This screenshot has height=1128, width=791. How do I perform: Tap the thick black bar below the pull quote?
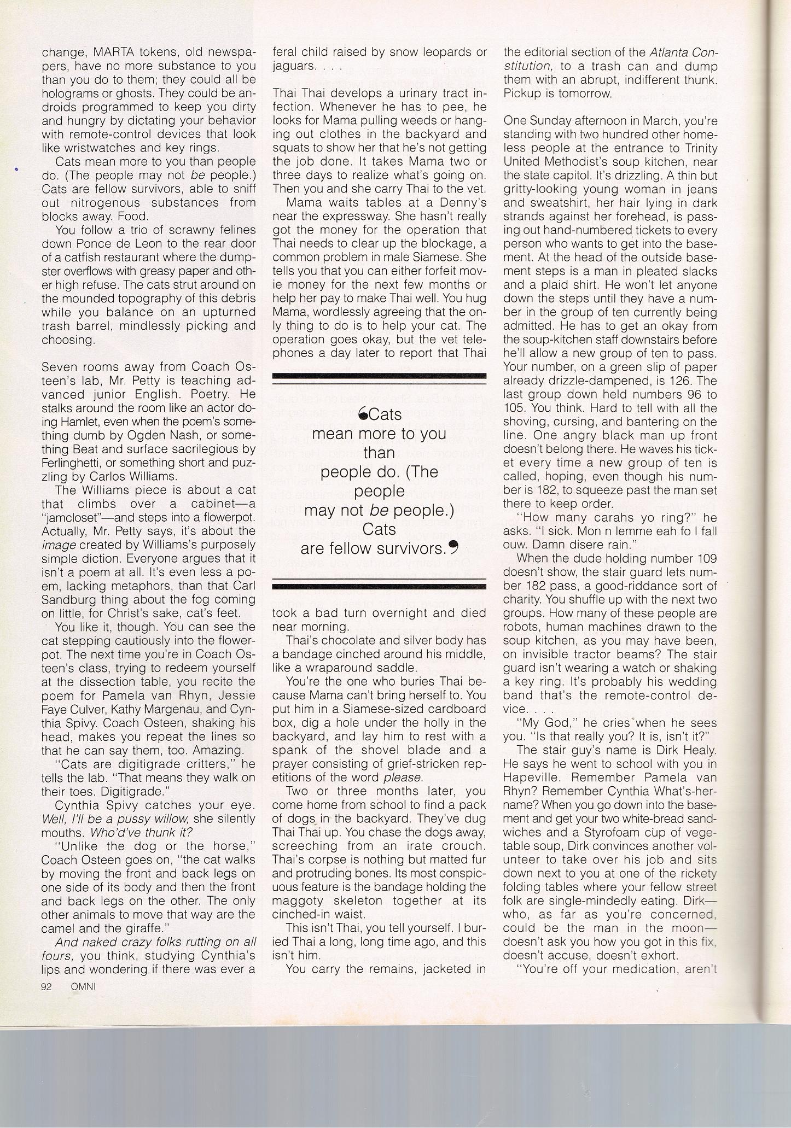click(379, 586)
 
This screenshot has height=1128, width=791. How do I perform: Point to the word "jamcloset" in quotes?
click(71, 517)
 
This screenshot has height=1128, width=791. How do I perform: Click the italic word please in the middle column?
click(402, 777)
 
